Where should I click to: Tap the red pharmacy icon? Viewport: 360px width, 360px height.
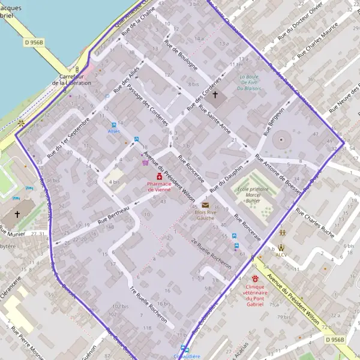[x=159, y=176]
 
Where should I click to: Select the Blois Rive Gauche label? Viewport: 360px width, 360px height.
[x=205, y=214]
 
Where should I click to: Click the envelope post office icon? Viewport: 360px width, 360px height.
[x=205, y=205]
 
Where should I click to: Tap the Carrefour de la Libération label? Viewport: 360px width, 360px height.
[x=74, y=80]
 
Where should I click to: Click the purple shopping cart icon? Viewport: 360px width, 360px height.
[x=145, y=162]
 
